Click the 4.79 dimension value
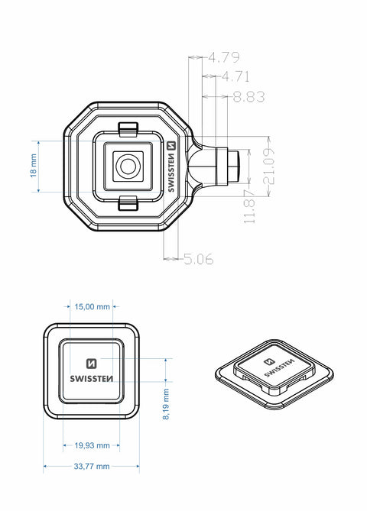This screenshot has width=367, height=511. pyautogui.click(x=225, y=57)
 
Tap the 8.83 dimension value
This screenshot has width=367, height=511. pyautogui.click(x=248, y=97)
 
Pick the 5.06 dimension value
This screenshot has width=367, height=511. pyautogui.click(x=198, y=259)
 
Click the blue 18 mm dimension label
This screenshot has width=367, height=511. pyautogui.click(x=33, y=166)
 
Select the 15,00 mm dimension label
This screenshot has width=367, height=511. pyautogui.click(x=92, y=306)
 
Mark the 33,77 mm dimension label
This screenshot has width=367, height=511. pyautogui.click(x=92, y=466)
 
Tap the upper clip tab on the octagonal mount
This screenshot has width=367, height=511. pyautogui.click(x=128, y=127)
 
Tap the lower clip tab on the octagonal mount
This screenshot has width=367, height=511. pyautogui.click(x=128, y=202)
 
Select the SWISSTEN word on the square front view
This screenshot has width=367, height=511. pyautogui.click(x=91, y=379)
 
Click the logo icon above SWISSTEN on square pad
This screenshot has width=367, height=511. pyautogui.click(x=91, y=364)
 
